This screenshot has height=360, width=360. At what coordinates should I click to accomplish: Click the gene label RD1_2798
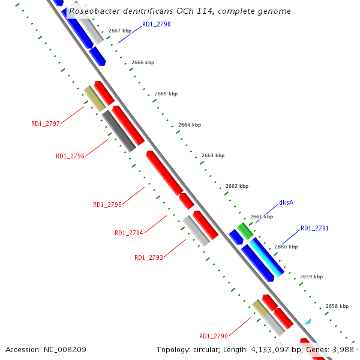156,24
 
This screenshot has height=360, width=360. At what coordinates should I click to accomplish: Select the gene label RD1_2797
46,124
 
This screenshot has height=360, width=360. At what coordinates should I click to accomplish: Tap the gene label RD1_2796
70,156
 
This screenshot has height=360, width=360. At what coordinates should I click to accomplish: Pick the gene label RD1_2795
107,205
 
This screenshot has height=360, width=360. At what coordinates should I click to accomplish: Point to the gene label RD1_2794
129,233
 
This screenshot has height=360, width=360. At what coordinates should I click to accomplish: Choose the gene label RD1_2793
149,257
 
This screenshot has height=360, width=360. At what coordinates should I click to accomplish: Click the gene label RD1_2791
314,228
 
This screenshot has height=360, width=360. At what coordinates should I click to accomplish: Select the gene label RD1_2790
214,336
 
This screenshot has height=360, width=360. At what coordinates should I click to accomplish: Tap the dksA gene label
286,203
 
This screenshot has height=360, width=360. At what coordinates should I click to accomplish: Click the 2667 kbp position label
120,31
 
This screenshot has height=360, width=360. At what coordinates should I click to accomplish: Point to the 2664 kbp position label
190,125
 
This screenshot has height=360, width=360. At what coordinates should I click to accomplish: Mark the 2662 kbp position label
237,186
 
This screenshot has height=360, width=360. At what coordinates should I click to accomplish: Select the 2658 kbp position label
337,306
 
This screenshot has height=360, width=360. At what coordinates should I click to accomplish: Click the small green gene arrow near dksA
244,230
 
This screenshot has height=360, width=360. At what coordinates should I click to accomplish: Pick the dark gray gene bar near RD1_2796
118,131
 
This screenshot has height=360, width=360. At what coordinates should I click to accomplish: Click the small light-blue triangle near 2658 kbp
307,322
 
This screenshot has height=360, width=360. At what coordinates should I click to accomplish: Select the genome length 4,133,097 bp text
265,349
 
